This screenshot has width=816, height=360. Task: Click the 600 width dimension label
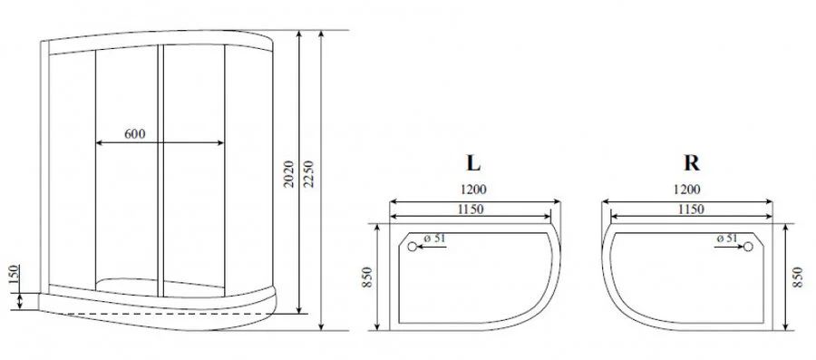click(134, 134)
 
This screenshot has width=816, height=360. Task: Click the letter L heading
click(472, 163)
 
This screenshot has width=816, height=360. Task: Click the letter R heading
click(692, 163)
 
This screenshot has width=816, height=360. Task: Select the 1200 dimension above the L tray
click(472, 190)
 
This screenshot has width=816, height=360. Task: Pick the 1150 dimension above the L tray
click(470, 209)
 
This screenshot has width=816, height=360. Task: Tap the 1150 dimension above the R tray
click(690, 209)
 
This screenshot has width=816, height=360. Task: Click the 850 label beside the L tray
click(367, 277)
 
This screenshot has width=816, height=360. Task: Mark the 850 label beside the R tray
click(798, 277)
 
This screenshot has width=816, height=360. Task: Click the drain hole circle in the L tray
click(413, 247)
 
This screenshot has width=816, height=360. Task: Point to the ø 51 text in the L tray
click(435, 238)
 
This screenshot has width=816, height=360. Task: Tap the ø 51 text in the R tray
click(727, 238)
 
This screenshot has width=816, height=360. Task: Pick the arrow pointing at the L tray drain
click(434, 246)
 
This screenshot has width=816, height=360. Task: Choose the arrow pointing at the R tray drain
click(728, 246)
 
